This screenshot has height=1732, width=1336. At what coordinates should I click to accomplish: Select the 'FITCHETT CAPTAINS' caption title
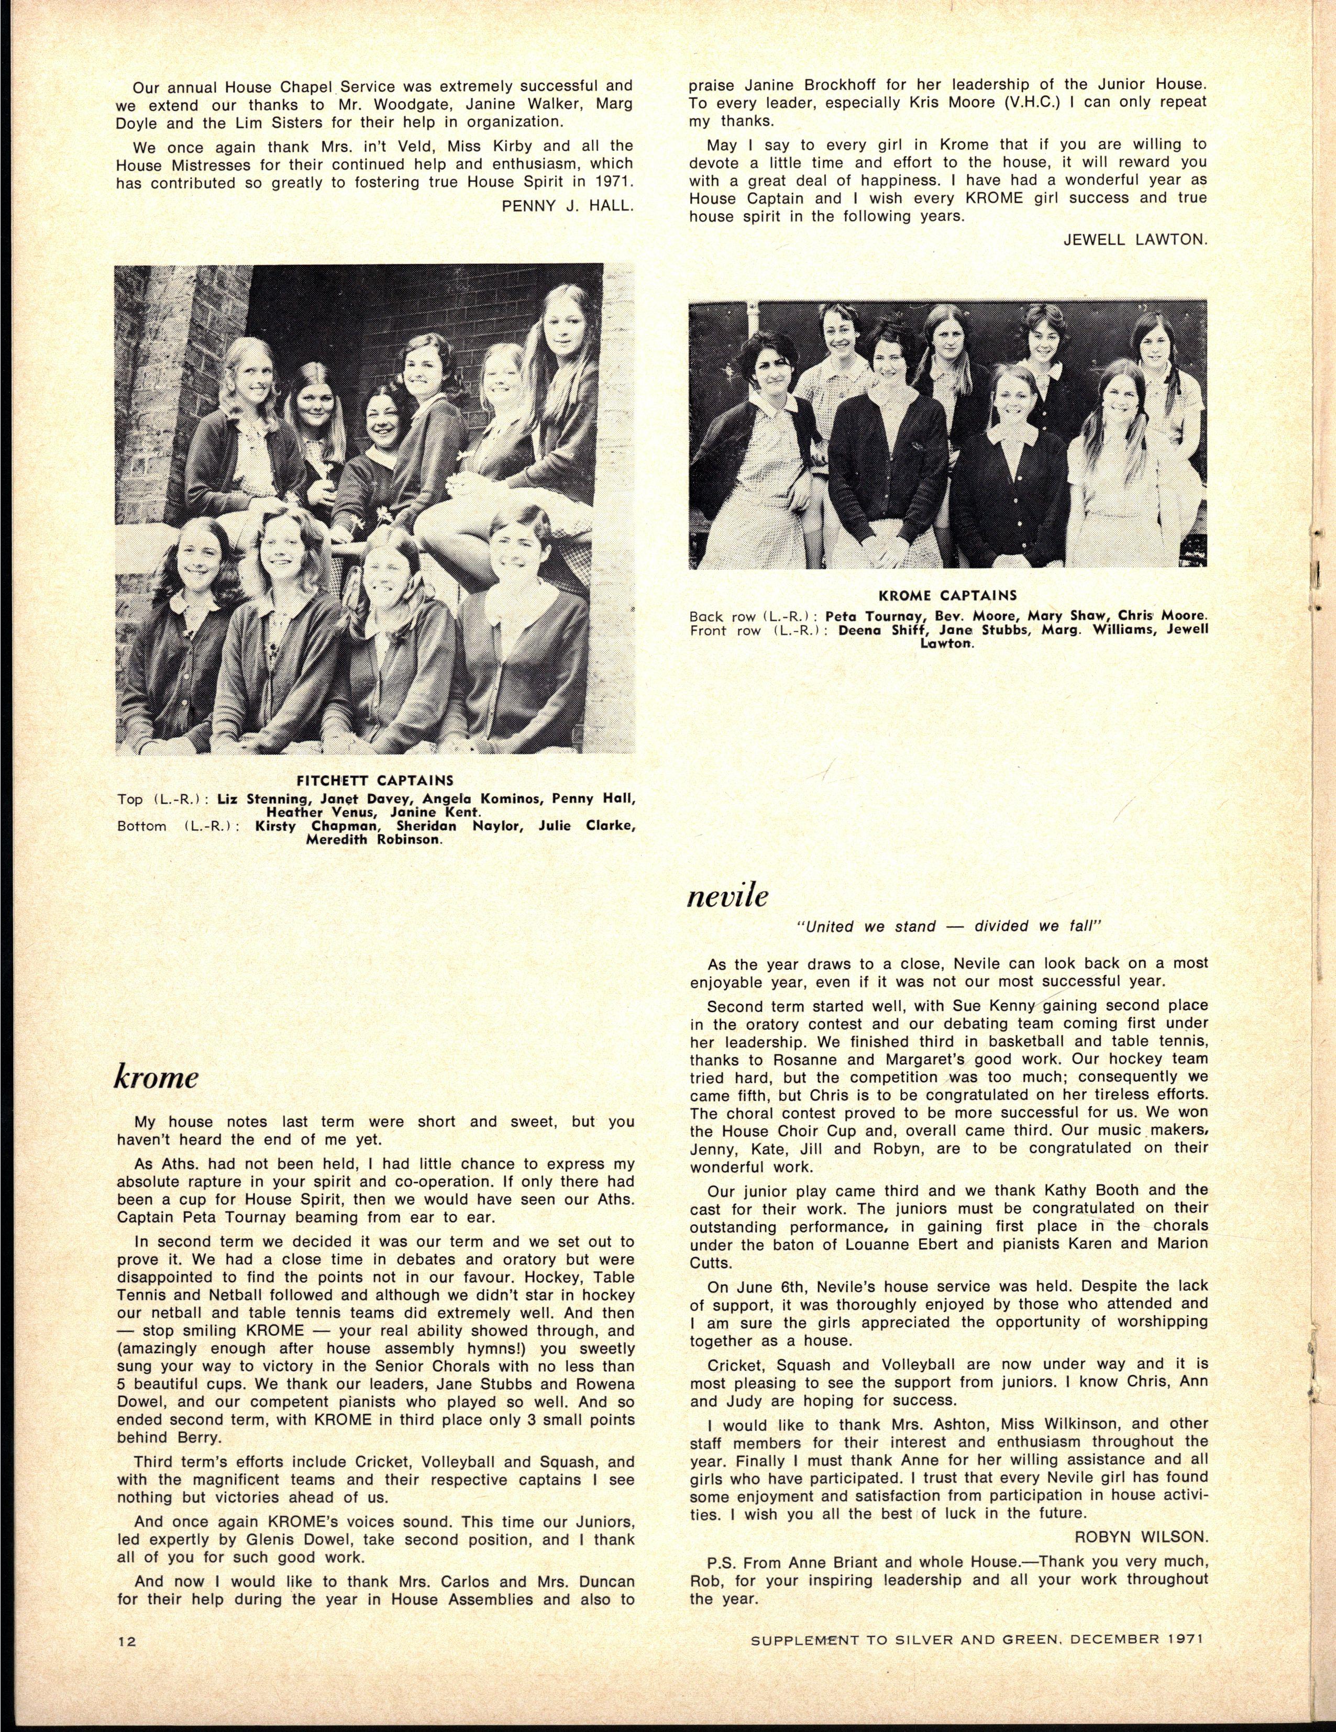[x=376, y=780]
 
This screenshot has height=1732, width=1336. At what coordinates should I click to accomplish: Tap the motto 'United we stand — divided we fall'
[x=948, y=926]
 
